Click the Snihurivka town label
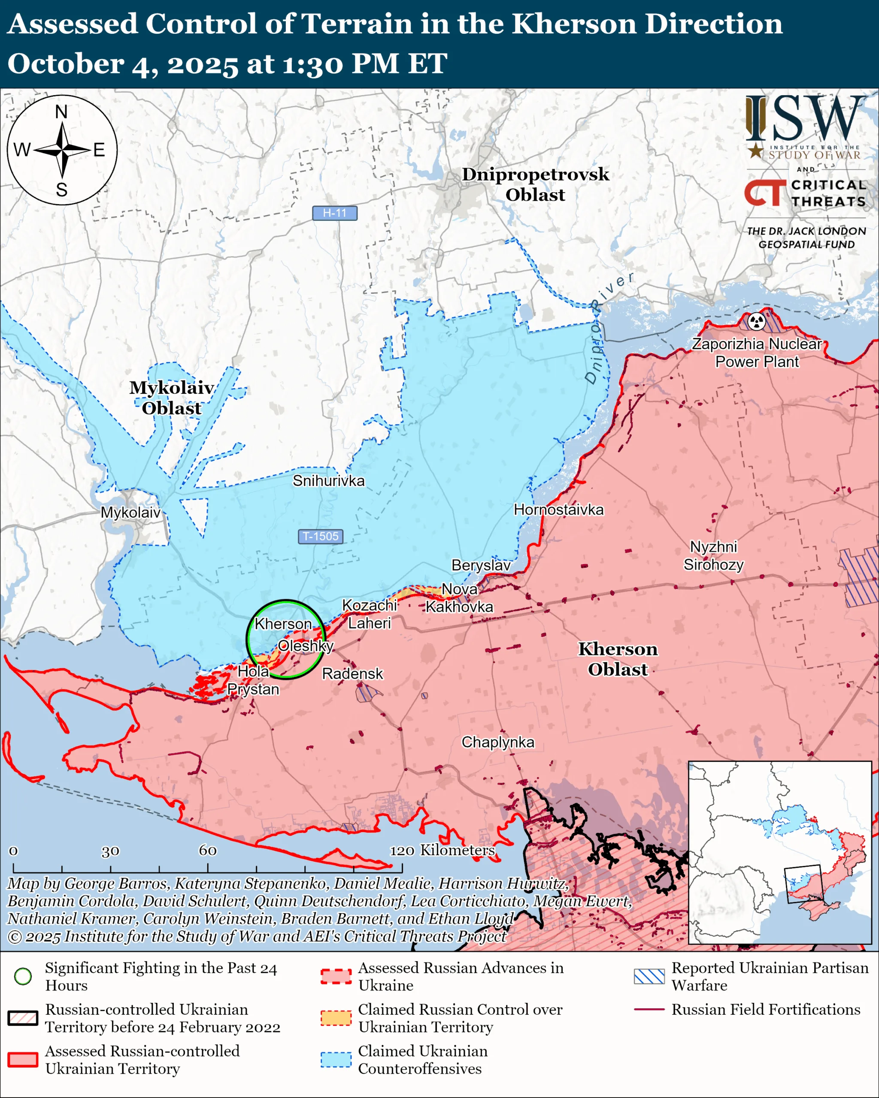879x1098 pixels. (x=328, y=481)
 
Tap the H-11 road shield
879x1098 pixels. (x=334, y=213)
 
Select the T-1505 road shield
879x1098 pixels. (x=320, y=536)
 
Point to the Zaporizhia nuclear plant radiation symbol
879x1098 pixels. (x=757, y=321)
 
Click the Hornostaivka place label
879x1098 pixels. (x=558, y=510)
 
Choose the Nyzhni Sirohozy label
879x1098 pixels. (x=713, y=555)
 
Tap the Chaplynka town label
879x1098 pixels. (x=498, y=742)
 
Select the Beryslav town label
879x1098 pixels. (x=481, y=565)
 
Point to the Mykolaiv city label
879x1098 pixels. (x=130, y=513)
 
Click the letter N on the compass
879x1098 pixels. (x=61, y=112)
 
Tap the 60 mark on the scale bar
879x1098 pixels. (x=207, y=851)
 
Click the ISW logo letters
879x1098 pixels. (x=805, y=119)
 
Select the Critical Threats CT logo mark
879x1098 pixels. (x=765, y=193)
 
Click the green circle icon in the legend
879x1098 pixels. (x=23, y=976)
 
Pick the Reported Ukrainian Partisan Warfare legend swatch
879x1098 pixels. (x=649, y=976)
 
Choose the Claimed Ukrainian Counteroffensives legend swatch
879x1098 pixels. (x=336, y=1059)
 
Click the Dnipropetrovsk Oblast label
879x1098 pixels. (x=535, y=184)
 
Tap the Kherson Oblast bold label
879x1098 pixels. (x=618, y=659)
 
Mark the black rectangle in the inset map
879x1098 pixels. (x=803, y=884)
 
